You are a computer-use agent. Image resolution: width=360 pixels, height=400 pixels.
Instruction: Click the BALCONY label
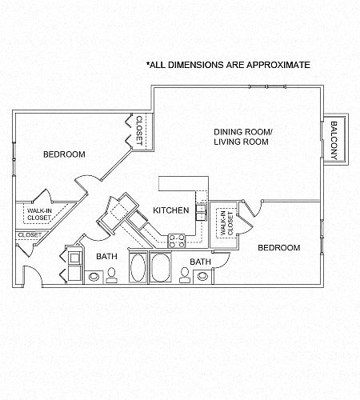coord(334,141)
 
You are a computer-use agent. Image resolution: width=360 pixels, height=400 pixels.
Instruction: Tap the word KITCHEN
coord(171,210)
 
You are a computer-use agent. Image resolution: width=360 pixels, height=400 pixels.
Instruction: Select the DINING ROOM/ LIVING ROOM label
coord(243,137)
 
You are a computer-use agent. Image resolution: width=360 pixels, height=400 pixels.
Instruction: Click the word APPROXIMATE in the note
coord(278,65)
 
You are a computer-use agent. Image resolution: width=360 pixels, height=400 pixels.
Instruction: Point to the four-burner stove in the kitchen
coord(176,241)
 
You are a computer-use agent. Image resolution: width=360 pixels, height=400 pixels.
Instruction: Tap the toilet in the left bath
coord(111,275)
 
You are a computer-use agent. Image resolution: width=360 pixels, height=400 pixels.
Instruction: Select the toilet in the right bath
coord(184,275)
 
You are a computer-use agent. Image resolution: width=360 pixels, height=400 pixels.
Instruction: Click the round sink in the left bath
coord(94,277)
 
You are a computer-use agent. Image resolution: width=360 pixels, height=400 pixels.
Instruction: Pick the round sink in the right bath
coord(202,276)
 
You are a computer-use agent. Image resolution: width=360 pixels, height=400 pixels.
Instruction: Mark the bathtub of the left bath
coord(138,267)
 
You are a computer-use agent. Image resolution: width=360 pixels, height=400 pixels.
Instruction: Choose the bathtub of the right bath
coord(161,267)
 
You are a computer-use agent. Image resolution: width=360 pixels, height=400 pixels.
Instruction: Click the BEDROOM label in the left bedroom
coord(64,154)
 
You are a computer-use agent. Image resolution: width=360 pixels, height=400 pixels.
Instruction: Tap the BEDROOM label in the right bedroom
coord(279,248)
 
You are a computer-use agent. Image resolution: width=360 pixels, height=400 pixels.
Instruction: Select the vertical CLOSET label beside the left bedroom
coord(139,130)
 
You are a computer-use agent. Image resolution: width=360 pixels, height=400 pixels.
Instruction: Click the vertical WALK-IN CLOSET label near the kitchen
coord(226,223)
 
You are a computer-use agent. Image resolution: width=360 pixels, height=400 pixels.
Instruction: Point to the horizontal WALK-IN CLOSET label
coord(39,214)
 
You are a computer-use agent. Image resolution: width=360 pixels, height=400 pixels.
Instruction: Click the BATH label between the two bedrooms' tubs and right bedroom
coord(200,262)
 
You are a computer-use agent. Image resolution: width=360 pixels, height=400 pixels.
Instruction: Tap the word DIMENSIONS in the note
coord(196,65)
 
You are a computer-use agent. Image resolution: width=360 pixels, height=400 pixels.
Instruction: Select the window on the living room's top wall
coord(267,86)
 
